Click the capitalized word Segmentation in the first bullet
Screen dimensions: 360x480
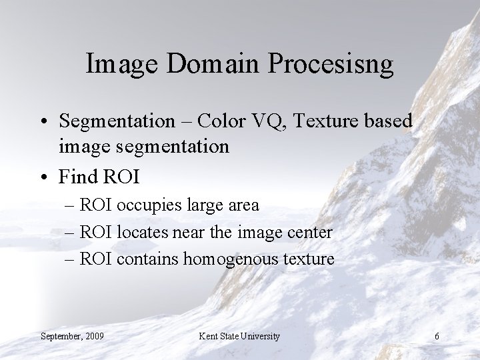[x=117, y=121]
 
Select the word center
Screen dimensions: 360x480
[x=310, y=232]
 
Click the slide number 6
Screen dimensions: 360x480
[x=437, y=336]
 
